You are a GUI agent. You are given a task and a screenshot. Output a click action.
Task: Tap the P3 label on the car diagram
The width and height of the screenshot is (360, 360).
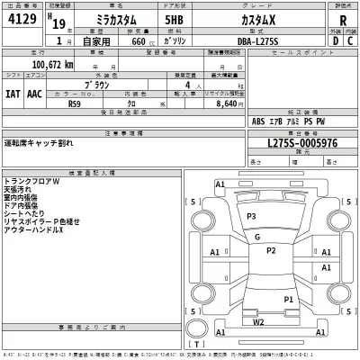(251, 217)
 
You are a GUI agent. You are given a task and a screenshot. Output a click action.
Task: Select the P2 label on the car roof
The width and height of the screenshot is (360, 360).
(271, 250)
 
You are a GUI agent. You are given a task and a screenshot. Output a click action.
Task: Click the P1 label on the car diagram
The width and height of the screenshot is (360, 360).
(289, 299)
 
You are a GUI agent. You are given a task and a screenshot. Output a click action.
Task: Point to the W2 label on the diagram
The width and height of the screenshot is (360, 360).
(258, 320)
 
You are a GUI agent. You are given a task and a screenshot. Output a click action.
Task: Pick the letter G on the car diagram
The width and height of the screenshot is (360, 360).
(257, 237)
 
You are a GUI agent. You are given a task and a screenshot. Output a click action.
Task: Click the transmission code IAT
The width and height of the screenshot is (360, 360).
(13, 91)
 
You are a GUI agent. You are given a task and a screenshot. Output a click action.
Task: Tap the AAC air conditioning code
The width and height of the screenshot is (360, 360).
(34, 91)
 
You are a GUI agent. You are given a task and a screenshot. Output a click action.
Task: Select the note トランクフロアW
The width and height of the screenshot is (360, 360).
(31, 181)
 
